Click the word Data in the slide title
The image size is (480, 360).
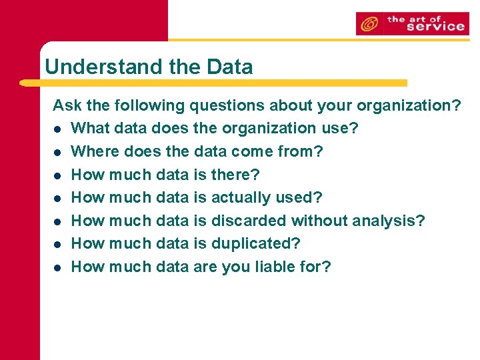[x=229, y=67]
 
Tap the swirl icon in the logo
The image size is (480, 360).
[x=368, y=25]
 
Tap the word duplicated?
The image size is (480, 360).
[x=256, y=243]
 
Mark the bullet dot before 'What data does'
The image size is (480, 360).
[x=58, y=129]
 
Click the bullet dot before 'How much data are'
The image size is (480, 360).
[x=58, y=267]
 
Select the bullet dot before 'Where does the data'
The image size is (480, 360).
[x=58, y=152]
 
